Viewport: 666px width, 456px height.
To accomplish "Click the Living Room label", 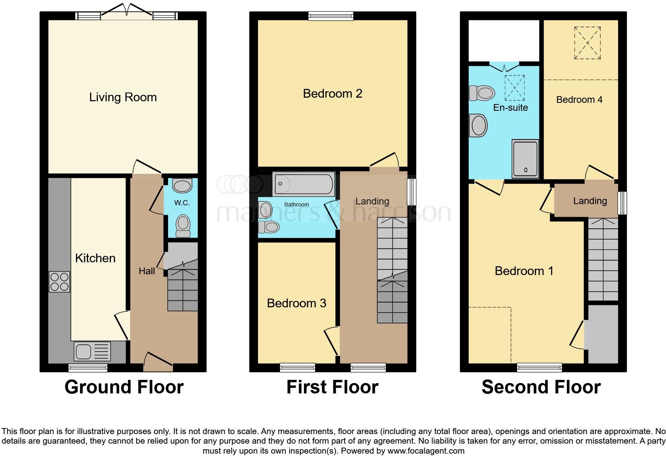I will click(x=123, y=97).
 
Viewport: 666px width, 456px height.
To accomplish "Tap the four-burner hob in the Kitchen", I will click(x=59, y=281).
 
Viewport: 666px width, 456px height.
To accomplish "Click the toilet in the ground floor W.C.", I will click(x=183, y=226).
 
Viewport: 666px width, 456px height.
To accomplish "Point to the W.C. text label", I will click(x=182, y=203).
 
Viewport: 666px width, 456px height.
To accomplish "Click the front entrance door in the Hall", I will click(x=158, y=360).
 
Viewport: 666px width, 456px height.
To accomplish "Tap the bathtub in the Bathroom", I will click(x=304, y=184).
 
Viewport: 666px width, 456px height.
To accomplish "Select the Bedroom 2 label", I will click(x=332, y=94).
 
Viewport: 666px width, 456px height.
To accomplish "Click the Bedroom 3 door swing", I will click(x=331, y=341).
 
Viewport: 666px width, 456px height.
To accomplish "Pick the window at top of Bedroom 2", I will click(x=331, y=16).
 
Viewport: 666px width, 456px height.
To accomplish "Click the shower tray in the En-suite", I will click(x=525, y=159).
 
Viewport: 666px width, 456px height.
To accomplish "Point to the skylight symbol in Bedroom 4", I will click(x=587, y=43).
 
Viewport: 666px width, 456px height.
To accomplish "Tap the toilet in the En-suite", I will click(x=482, y=93).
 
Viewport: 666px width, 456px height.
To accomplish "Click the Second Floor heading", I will click(x=541, y=387).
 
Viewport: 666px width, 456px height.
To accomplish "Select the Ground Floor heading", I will click(x=124, y=387).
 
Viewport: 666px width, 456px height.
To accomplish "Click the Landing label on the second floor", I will click(x=590, y=201).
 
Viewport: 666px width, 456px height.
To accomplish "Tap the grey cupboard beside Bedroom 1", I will click(x=603, y=334).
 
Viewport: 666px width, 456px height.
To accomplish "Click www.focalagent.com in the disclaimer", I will click(x=425, y=451).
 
